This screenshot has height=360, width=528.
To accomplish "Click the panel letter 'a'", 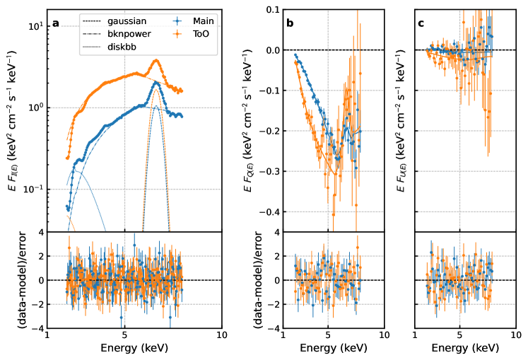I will pos(56,23).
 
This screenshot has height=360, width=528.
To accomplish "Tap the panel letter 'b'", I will pos(290,23).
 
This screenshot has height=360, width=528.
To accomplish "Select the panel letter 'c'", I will pos(421,23).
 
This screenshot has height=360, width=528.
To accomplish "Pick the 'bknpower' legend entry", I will pos(127,33).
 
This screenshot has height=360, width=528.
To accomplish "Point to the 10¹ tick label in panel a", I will pos(33,26).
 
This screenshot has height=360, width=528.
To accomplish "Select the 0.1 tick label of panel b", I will pos(271,9).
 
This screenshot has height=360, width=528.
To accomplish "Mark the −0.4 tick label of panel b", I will pos(269,212).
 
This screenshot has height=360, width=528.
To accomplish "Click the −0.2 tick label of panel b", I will pos(269,131).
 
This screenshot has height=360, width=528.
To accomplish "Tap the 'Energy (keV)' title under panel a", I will pos(134,349).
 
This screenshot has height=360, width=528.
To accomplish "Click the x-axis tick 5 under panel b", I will pos(327,335).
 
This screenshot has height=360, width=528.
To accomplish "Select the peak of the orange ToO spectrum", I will pos(156,60).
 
